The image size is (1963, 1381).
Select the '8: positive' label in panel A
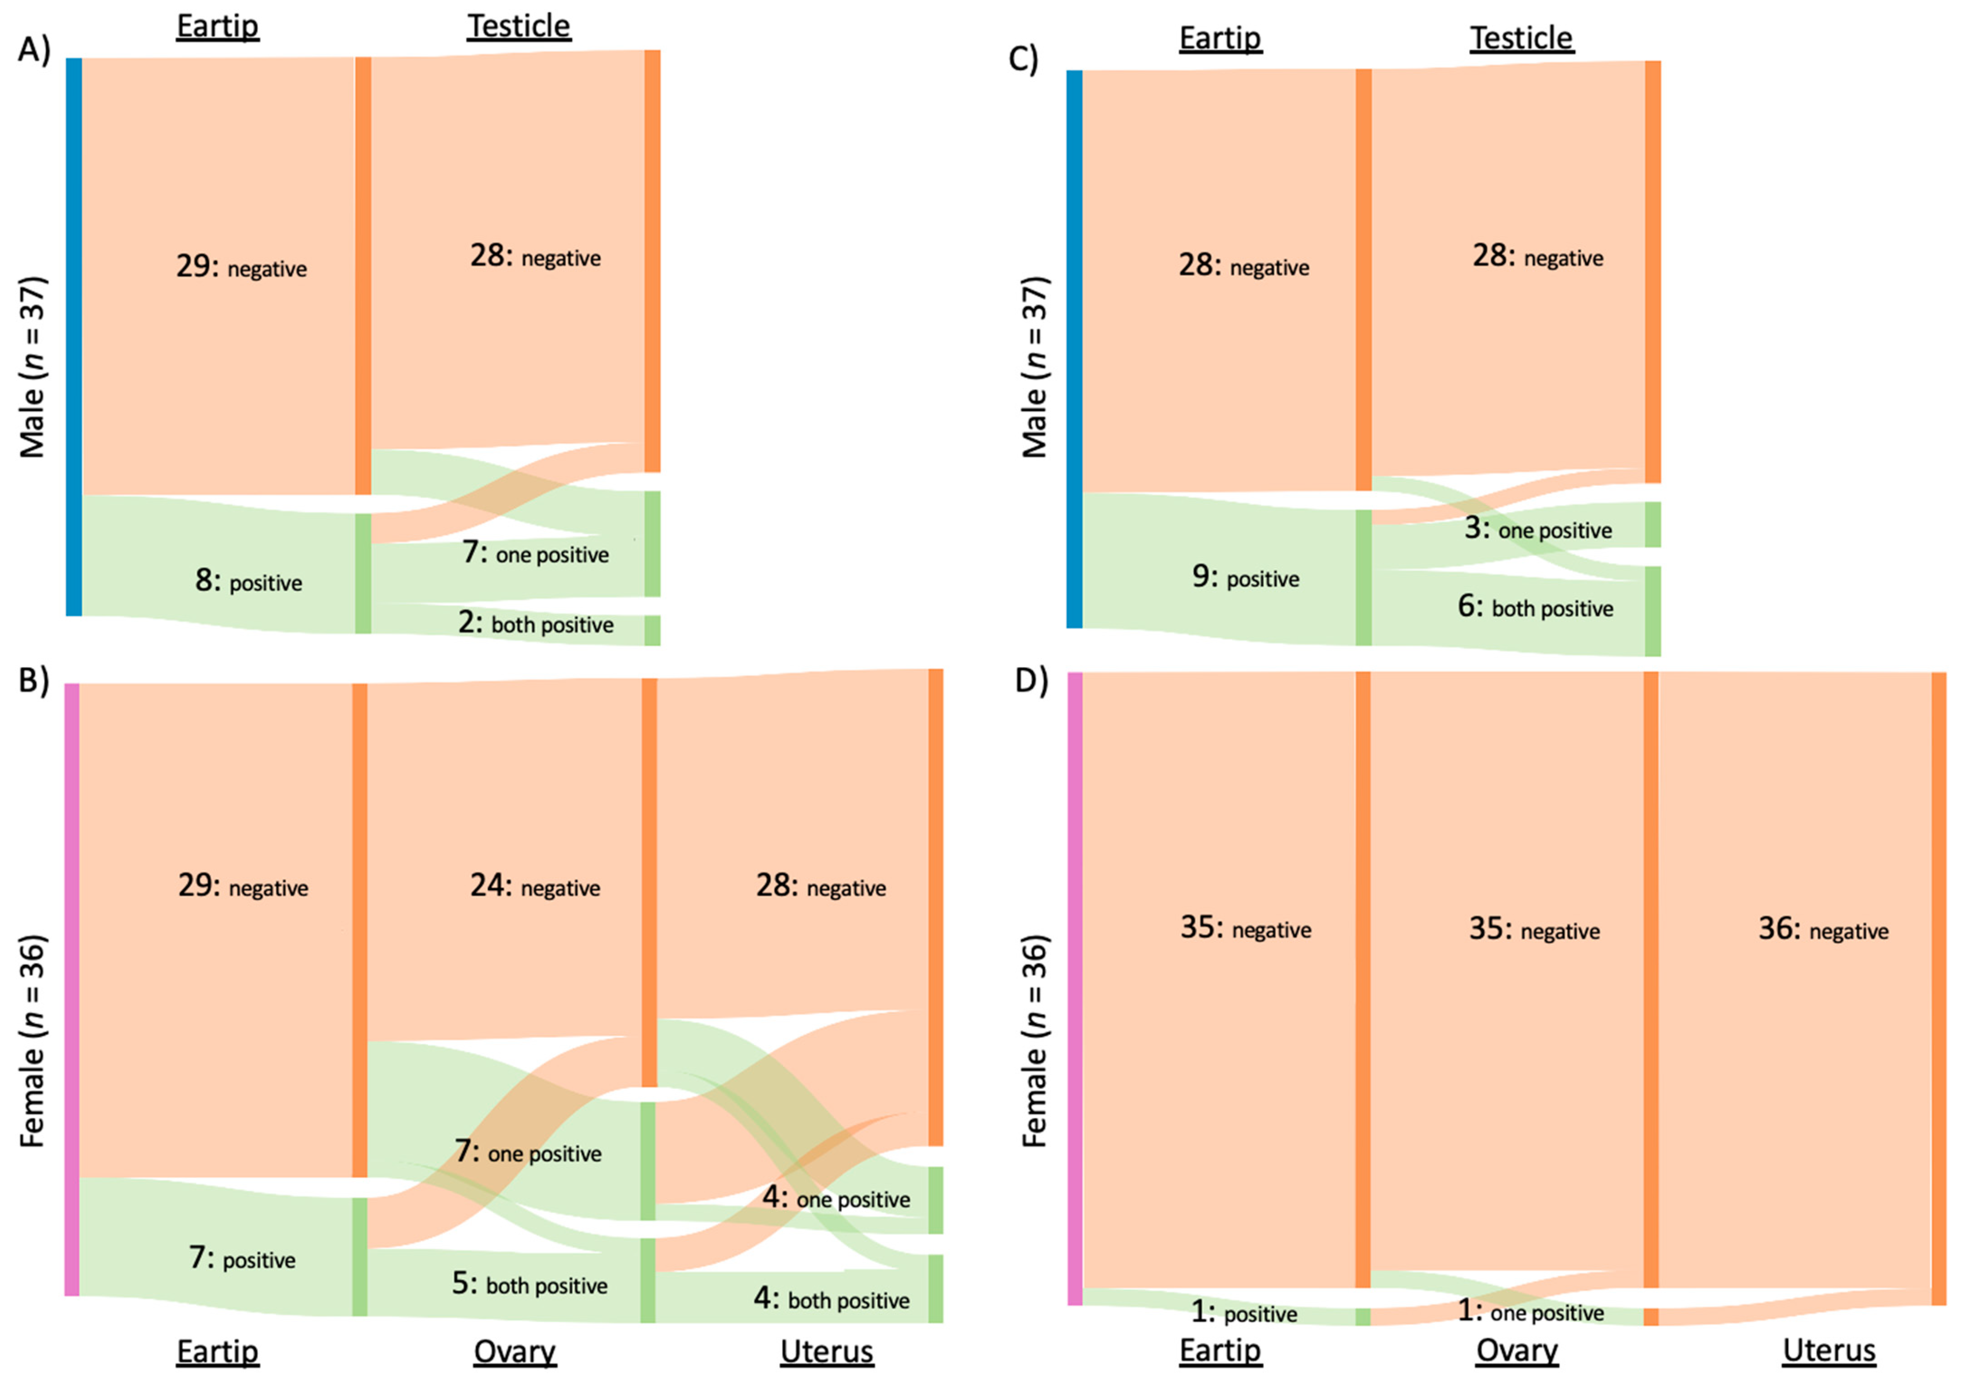(x=248, y=582)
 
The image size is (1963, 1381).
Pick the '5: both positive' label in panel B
(x=529, y=1285)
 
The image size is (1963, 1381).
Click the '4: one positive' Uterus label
(x=835, y=1199)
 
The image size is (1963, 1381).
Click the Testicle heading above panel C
(x=1521, y=38)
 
